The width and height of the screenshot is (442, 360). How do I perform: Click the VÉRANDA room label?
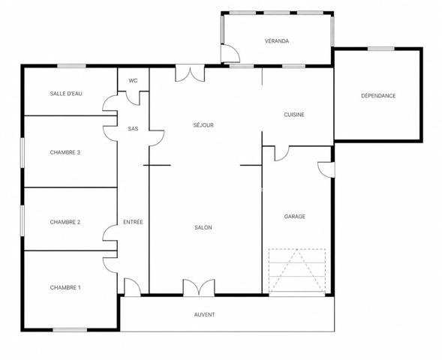click(x=277, y=40)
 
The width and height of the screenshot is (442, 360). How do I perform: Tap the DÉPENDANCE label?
click(x=378, y=96)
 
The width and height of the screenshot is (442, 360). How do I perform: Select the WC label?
click(x=133, y=81)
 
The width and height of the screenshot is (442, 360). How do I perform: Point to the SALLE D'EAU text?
click(x=66, y=94)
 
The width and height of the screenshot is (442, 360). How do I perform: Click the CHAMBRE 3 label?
click(x=65, y=152)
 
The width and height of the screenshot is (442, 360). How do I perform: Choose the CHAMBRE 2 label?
click(x=65, y=222)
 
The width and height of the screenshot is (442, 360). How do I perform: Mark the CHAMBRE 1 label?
click(x=65, y=287)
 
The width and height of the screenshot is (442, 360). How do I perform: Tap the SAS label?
click(x=133, y=129)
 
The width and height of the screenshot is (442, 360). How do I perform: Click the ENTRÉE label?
click(x=133, y=222)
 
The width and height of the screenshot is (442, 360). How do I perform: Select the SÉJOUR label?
click(x=203, y=124)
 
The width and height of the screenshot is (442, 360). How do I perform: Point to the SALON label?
click(x=203, y=227)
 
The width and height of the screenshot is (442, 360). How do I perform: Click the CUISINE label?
click(x=294, y=115)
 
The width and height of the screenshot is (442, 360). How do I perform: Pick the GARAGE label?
click(x=295, y=216)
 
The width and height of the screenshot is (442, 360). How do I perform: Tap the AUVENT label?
click(x=204, y=315)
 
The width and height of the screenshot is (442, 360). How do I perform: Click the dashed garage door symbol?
click(x=297, y=271)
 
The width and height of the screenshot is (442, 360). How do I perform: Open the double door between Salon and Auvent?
click(x=199, y=287)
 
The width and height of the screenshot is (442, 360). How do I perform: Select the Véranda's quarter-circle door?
click(x=230, y=53)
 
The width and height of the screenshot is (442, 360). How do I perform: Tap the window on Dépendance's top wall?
click(x=380, y=49)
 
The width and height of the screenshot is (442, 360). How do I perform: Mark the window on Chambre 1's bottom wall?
click(x=70, y=329)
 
